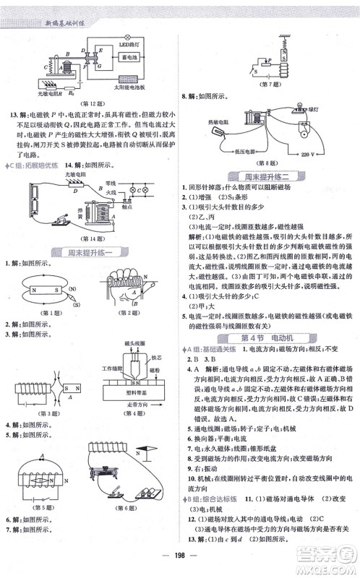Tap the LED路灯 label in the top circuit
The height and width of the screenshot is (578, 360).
(x=129, y=47)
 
